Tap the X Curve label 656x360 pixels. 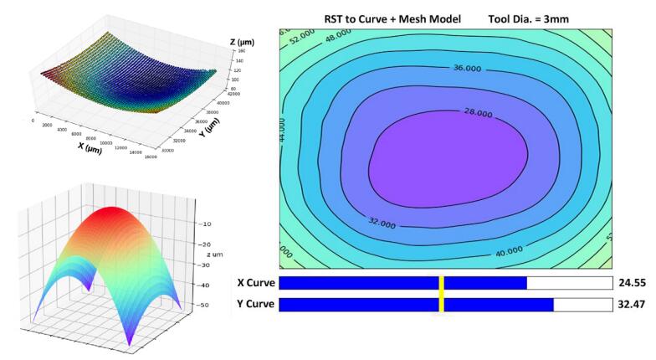click(x=254, y=283)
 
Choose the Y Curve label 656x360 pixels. click(x=254, y=304)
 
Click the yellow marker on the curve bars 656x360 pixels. click(x=442, y=293)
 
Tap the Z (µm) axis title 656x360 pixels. click(x=243, y=41)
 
